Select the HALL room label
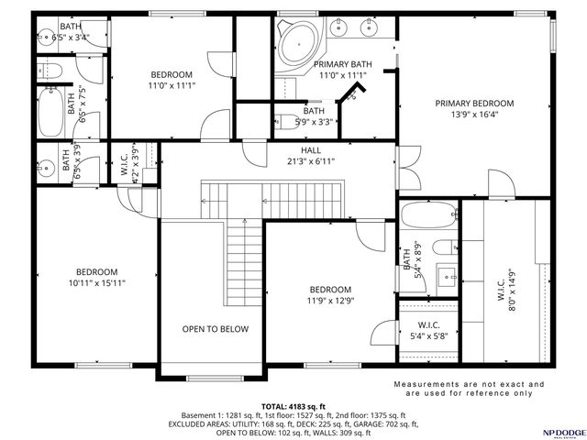click(x=311, y=150)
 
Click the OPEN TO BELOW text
click(x=215, y=329)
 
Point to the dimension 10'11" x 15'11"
click(x=96, y=283)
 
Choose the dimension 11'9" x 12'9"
click(x=329, y=301)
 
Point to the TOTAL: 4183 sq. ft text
click(x=293, y=406)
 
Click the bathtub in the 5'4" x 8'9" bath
click(x=428, y=216)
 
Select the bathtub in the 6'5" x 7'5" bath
click(x=50, y=112)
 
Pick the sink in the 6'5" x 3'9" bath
click(x=46, y=167)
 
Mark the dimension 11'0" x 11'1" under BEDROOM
click(x=172, y=85)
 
